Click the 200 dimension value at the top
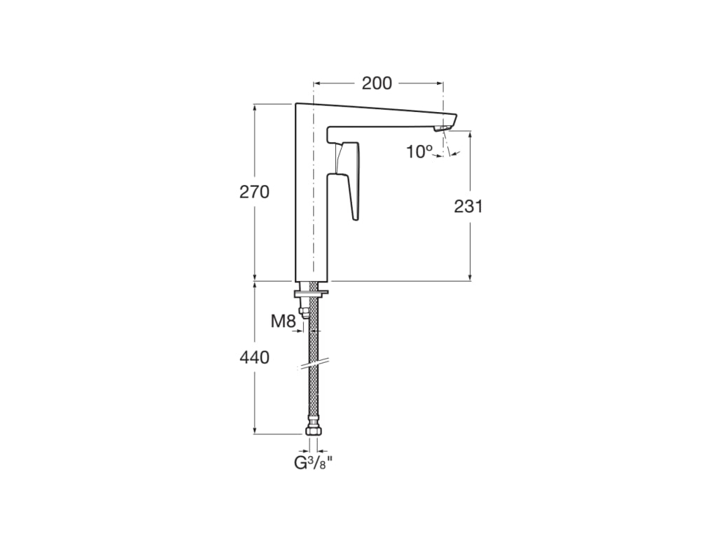(x=377, y=83)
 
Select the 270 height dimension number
(x=254, y=192)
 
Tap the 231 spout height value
(x=468, y=207)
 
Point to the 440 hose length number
(x=254, y=357)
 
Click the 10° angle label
(x=420, y=151)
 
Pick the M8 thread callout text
(x=284, y=321)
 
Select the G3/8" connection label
(x=313, y=463)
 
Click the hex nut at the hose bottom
(x=313, y=431)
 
